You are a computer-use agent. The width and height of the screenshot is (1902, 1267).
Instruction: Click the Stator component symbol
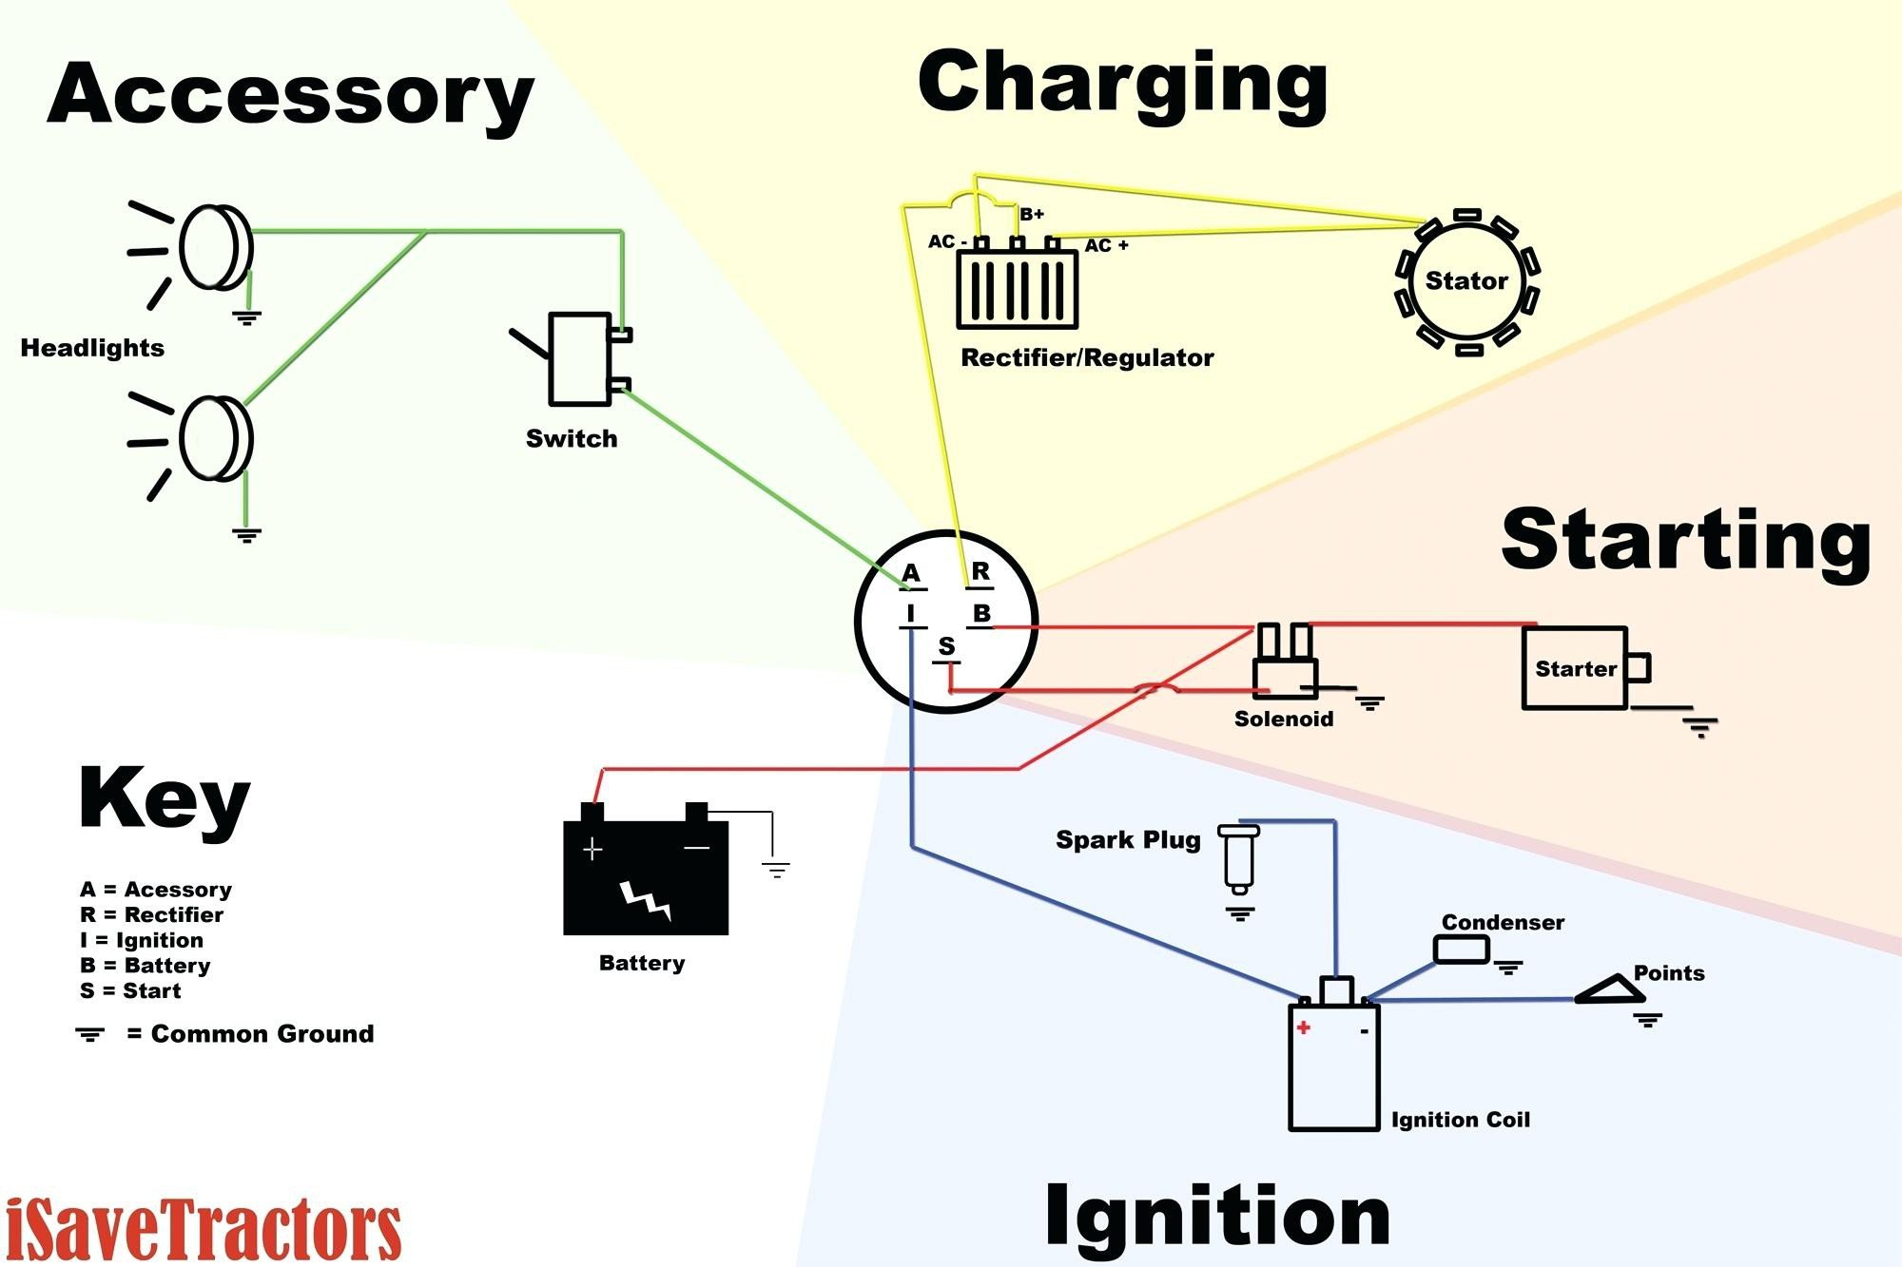point(1466,281)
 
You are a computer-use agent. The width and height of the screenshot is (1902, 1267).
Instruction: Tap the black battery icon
point(646,874)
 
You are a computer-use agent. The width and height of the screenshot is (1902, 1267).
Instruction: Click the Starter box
point(1575,668)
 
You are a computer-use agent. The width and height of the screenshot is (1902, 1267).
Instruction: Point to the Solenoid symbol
point(1284,665)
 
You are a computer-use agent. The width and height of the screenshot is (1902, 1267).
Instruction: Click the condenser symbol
point(1461,949)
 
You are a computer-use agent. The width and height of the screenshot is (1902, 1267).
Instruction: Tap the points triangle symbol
point(1611,990)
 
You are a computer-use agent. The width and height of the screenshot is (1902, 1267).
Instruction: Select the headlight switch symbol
point(580,359)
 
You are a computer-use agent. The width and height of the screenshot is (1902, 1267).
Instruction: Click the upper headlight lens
point(217,247)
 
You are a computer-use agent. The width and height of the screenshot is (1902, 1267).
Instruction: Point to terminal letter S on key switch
point(946,646)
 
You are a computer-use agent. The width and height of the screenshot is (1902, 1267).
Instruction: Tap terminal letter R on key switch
point(980,571)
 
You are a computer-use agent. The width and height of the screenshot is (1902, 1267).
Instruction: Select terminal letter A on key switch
point(911,573)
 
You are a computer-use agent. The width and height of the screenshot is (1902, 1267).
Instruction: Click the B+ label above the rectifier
point(1032,215)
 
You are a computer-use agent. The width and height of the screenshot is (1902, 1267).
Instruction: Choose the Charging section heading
point(1122,84)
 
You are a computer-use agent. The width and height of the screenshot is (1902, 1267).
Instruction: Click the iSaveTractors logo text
point(203,1230)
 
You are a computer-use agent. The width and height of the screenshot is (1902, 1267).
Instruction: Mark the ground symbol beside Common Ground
point(90,1034)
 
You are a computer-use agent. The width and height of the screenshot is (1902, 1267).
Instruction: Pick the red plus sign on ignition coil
point(1303,1027)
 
